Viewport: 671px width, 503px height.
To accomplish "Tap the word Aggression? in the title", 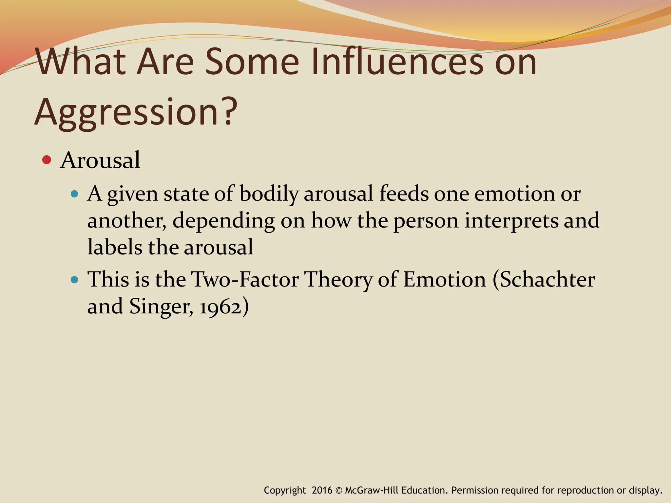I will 136,112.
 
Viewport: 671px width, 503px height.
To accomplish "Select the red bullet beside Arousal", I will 47,160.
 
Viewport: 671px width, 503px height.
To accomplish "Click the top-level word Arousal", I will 100,160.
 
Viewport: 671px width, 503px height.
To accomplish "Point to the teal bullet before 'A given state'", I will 75,194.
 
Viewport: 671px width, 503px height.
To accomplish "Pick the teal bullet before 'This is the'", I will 75,280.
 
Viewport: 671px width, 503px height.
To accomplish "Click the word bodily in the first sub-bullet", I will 269,194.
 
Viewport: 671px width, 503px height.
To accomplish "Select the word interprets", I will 511,221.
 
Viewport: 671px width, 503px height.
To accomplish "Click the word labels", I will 115,247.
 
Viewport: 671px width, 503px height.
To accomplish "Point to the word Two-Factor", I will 245,280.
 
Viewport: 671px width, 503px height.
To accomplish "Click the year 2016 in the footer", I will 322,491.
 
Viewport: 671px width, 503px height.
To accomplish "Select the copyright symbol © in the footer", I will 339,491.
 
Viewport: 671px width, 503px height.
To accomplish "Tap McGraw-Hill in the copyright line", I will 372,491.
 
